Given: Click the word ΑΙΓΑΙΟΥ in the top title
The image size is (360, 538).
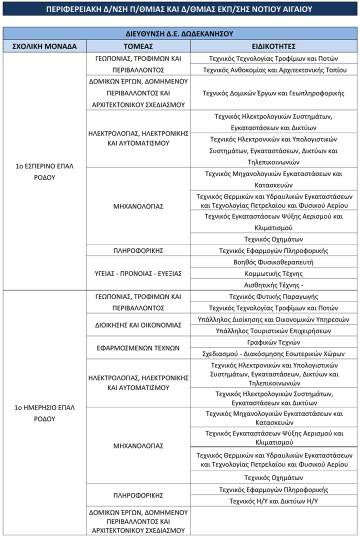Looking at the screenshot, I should (293, 9).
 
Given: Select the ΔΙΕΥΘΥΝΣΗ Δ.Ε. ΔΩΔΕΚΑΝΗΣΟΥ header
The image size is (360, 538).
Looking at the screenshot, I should (179, 34).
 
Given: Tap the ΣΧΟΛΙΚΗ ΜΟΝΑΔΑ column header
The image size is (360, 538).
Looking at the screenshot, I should (44, 46).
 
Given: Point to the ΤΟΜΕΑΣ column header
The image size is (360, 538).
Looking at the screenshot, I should (138, 46).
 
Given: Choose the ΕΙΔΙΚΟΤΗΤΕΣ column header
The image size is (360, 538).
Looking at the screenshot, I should (273, 46).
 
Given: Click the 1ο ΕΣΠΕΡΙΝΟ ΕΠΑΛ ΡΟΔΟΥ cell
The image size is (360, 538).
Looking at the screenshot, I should (44, 171).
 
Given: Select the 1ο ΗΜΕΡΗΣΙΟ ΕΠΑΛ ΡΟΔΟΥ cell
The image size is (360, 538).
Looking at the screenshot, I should (44, 413).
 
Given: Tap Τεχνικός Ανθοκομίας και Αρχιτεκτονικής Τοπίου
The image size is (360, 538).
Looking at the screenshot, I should (273, 70).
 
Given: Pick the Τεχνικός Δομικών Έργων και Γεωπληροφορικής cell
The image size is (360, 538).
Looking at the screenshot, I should (273, 93).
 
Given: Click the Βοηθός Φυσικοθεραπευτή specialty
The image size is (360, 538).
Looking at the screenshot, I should (273, 262).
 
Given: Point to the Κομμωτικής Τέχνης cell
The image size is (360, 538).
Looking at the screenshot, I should (273, 273).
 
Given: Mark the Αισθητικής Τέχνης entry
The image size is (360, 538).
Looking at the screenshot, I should (273, 285).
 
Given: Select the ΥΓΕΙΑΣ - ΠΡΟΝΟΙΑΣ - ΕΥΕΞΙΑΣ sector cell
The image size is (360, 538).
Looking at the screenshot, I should (138, 273).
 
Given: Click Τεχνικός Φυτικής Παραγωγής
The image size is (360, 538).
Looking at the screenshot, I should (273, 296).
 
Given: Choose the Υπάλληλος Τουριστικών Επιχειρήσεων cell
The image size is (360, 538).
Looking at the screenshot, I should (273, 331).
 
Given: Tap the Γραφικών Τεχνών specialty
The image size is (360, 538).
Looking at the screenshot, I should (273, 342).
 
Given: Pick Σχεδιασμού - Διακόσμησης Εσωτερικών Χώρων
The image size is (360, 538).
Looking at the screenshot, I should (273, 354).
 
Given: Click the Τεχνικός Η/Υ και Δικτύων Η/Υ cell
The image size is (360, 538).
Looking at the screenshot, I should (273, 501).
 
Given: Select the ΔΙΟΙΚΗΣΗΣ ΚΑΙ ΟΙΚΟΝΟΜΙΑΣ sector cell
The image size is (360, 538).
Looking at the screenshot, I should (138, 325).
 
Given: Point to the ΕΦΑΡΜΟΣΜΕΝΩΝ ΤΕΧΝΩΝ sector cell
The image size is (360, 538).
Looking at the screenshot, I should (138, 348).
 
